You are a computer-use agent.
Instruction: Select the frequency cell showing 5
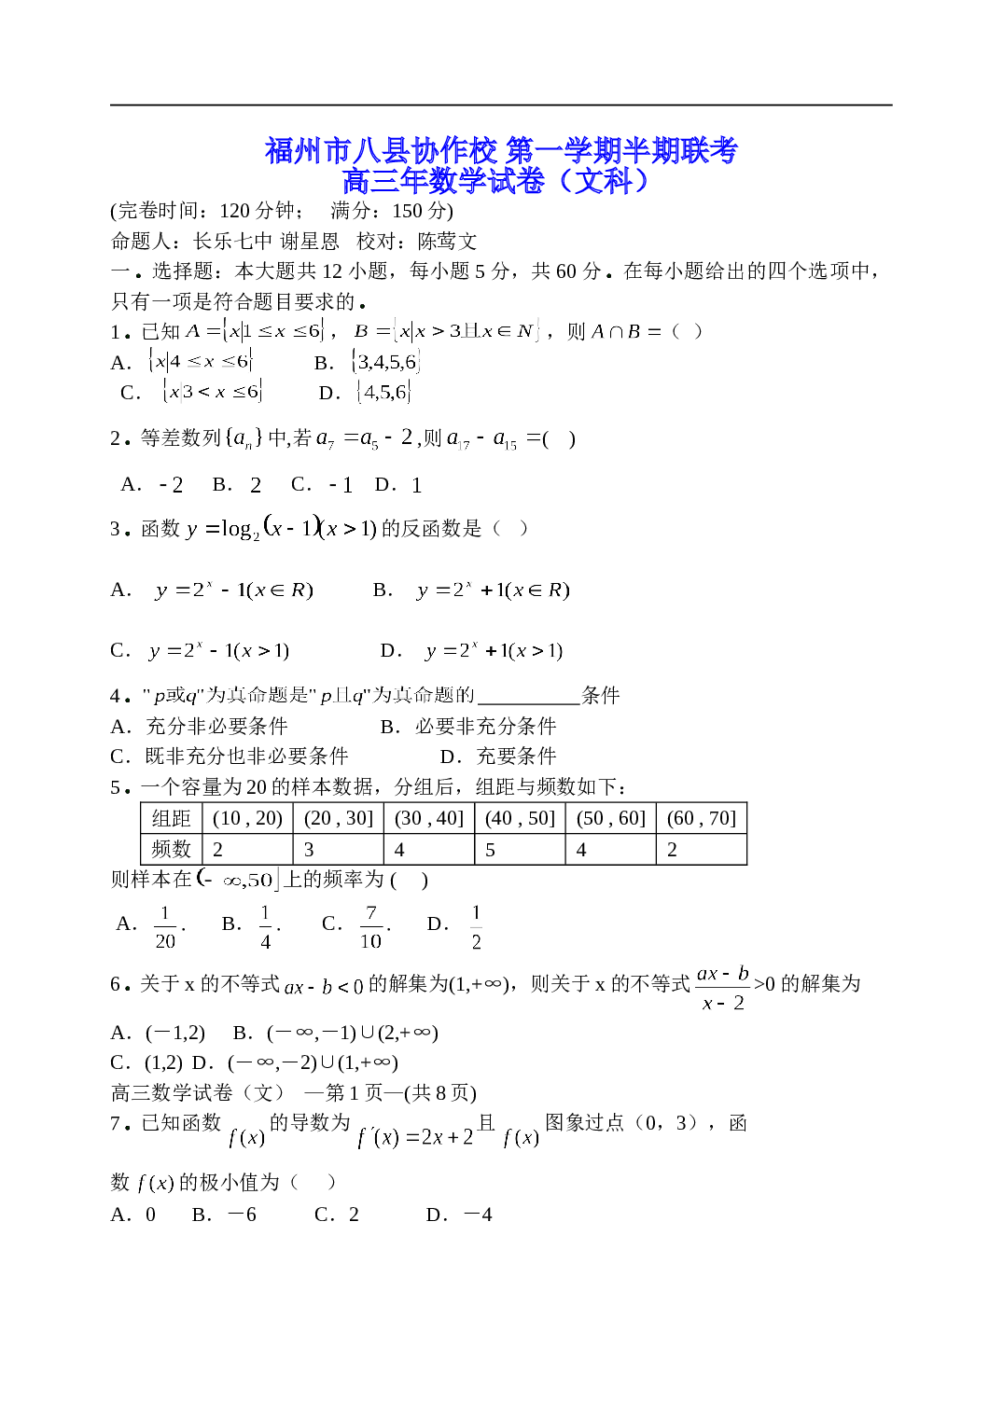[520, 849]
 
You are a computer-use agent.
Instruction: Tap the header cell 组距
[172, 818]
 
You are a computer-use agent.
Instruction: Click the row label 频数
[172, 849]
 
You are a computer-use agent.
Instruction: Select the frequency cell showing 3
[339, 849]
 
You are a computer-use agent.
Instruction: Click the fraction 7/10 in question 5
[371, 926]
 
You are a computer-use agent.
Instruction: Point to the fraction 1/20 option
[165, 926]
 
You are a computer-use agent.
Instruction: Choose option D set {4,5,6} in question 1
[383, 392]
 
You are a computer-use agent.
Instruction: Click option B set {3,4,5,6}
[385, 362]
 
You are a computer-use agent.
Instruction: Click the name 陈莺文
[447, 241]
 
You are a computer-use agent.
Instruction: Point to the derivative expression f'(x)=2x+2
[415, 1137]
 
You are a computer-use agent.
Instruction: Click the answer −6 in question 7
[243, 1215]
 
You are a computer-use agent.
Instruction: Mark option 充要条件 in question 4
[516, 757]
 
